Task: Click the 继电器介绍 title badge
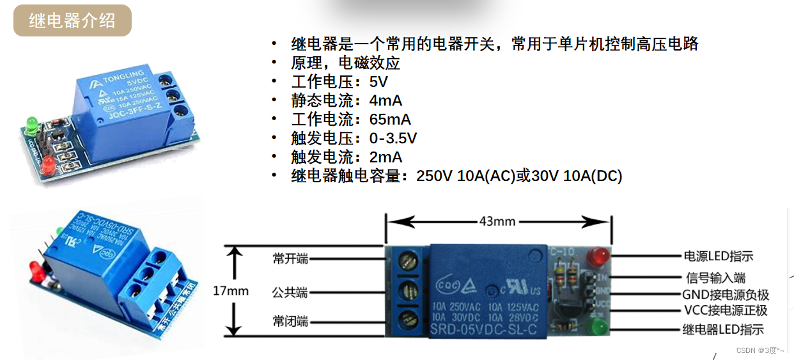coord(72,20)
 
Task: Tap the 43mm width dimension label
coord(497,221)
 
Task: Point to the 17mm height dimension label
coord(231,291)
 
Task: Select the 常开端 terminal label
coord(290,259)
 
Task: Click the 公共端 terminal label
coord(290,293)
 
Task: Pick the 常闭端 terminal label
coord(290,321)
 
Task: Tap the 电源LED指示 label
coord(719,256)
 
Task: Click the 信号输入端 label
coord(716,278)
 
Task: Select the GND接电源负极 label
coord(726,295)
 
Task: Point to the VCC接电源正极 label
coord(725,311)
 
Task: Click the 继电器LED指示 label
coord(723,330)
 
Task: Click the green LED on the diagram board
coord(600,329)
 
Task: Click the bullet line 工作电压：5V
coord(339,82)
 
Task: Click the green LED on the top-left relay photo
coord(29,122)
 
